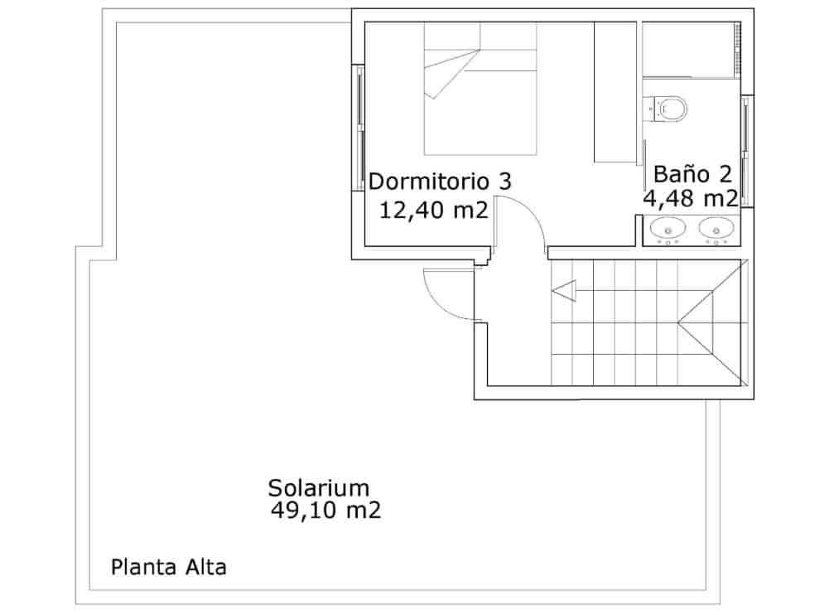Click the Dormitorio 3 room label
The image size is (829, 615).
click(440, 181)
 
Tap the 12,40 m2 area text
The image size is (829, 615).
click(431, 210)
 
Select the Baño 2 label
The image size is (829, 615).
click(692, 174)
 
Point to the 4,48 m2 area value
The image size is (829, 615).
click(691, 199)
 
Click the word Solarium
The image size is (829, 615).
click(318, 487)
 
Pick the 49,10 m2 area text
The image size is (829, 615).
click(325, 511)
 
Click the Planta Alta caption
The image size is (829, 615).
click(169, 568)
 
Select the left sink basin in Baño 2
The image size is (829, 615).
click(668, 227)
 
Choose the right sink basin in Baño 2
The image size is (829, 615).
click(717, 227)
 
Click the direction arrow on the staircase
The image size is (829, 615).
click(564, 291)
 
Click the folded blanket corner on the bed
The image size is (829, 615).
click(451, 75)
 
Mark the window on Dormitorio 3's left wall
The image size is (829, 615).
click(359, 128)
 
